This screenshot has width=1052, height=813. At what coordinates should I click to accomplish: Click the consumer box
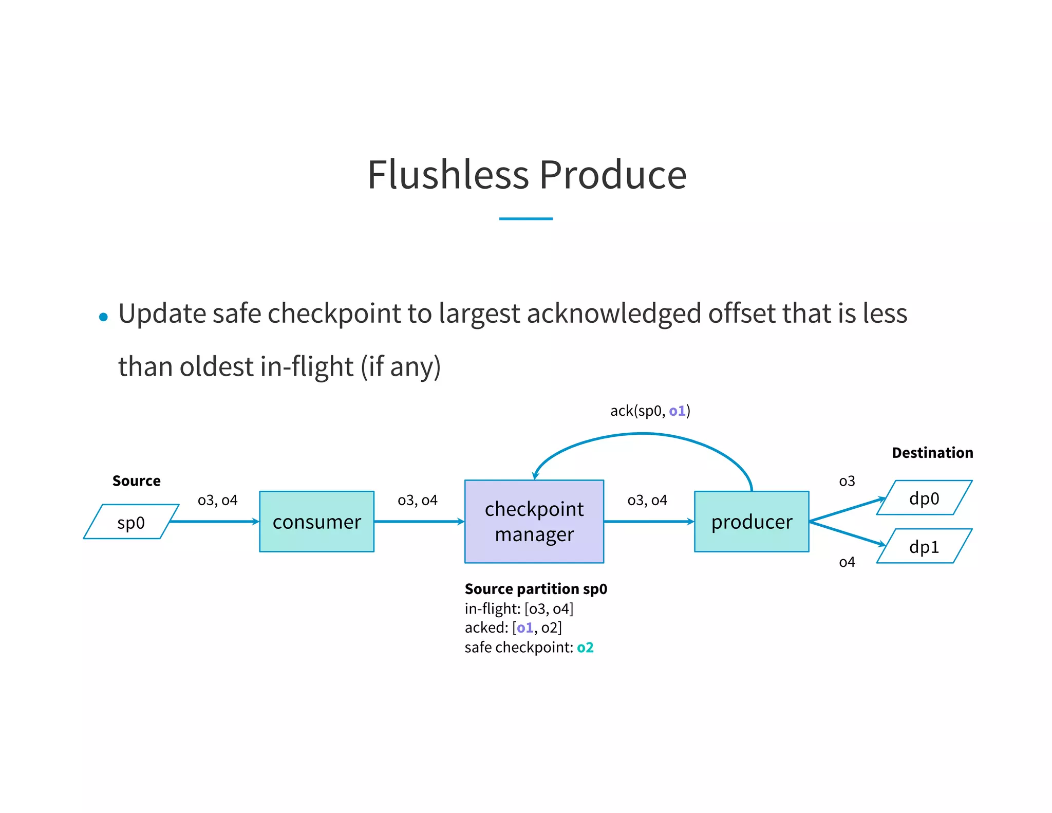coord(316,521)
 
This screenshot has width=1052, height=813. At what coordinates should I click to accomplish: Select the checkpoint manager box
coord(534,521)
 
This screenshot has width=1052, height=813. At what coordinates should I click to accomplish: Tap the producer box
coord(751,521)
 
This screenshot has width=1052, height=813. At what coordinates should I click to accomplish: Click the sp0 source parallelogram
coord(131,522)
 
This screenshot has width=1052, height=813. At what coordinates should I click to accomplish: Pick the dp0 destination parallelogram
coord(924,497)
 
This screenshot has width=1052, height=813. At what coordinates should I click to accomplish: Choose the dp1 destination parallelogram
coord(924,546)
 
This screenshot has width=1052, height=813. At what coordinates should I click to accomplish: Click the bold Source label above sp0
coord(136,481)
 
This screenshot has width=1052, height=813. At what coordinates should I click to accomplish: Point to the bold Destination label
coord(932,452)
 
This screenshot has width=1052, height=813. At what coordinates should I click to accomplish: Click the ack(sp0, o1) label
coord(650,411)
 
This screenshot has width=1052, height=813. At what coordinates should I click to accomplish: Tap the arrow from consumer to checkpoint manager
coord(419,521)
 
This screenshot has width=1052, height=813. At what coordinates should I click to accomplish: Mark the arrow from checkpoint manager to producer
coord(648,521)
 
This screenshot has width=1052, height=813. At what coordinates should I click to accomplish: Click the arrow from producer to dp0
coord(848,510)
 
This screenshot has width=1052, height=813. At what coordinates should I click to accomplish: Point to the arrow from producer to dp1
coord(848,533)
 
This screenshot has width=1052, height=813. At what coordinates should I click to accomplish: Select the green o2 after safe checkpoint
coord(585,647)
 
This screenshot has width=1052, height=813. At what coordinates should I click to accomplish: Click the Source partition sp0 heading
coord(536,588)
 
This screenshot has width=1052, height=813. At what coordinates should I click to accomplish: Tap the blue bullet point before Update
coord(103,317)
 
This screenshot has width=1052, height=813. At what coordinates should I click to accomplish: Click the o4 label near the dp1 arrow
coord(847,562)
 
